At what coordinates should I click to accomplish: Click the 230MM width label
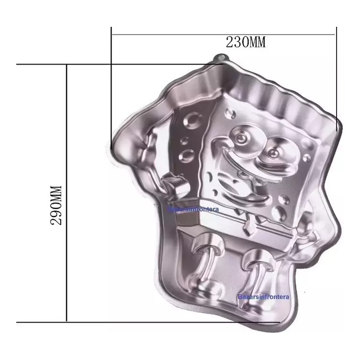[246, 42]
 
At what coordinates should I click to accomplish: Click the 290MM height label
[56, 205]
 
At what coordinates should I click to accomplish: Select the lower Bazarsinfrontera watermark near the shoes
[263, 297]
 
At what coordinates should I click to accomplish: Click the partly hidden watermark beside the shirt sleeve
[193, 209]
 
